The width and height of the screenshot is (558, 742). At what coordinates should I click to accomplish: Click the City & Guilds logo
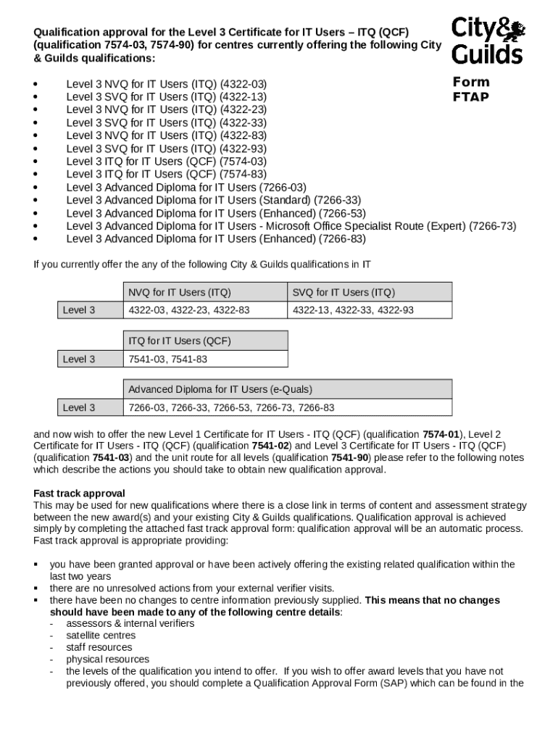pos(488,41)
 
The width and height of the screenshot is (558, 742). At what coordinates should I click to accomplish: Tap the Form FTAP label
pos(471,89)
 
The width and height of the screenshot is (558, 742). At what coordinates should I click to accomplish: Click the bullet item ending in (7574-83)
pos(167,175)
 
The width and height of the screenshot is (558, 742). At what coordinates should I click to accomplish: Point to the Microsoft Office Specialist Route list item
pos(291,226)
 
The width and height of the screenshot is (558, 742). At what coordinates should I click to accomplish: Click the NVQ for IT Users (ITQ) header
pos(180,293)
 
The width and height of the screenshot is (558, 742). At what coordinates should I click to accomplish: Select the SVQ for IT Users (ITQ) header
pos(343,293)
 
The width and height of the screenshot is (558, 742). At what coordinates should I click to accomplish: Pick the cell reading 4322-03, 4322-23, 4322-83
pos(189,310)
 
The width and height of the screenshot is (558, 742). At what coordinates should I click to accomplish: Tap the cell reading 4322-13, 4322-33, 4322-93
pos(353,310)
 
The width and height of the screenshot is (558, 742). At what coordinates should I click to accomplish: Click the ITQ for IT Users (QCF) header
pos(180,341)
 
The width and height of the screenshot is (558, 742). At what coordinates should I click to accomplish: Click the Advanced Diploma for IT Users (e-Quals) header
pos(221,389)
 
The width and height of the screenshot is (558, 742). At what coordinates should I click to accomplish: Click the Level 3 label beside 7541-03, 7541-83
pos(79,359)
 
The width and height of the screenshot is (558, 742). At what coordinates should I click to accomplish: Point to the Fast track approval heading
pos(80,494)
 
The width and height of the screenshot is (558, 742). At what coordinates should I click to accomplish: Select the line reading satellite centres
pos(101,635)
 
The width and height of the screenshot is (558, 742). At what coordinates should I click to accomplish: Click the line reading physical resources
pos(108,659)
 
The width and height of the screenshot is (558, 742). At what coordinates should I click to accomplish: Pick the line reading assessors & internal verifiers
pos(130,623)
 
